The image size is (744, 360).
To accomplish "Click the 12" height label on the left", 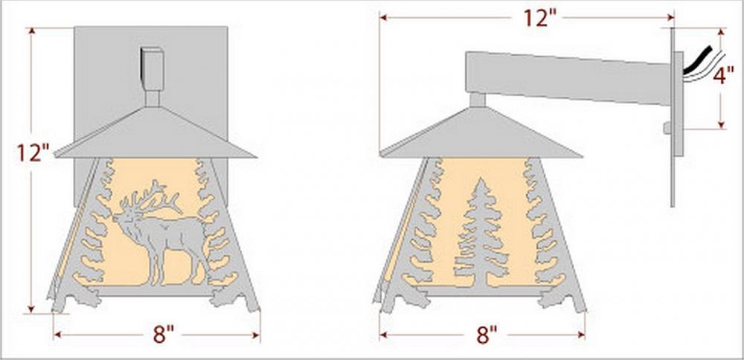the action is click(x=33, y=152).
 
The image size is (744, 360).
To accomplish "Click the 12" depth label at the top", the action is click(x=540, y=18).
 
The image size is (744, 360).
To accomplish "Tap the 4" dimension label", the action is click(x=723, y=75).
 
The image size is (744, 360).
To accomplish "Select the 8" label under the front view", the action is click(x=163, y=335).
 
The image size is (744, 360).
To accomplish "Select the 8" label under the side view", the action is click(x=487, y=335).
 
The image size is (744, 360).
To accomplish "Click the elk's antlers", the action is click(x=150, y=196).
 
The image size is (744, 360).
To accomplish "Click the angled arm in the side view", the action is click(x=568, y=78).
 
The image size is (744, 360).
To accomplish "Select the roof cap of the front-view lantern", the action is click(x=155, y=133).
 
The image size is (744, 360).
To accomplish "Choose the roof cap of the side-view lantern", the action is click(x=481, y=133).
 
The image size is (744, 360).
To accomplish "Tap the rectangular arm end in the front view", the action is click(x=153, y=68).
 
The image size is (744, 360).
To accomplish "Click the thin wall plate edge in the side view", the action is click(x=673, y=117).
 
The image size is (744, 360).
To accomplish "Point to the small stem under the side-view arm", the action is click(x=478, y=100).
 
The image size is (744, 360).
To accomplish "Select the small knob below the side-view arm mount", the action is click(x=667, y=127).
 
